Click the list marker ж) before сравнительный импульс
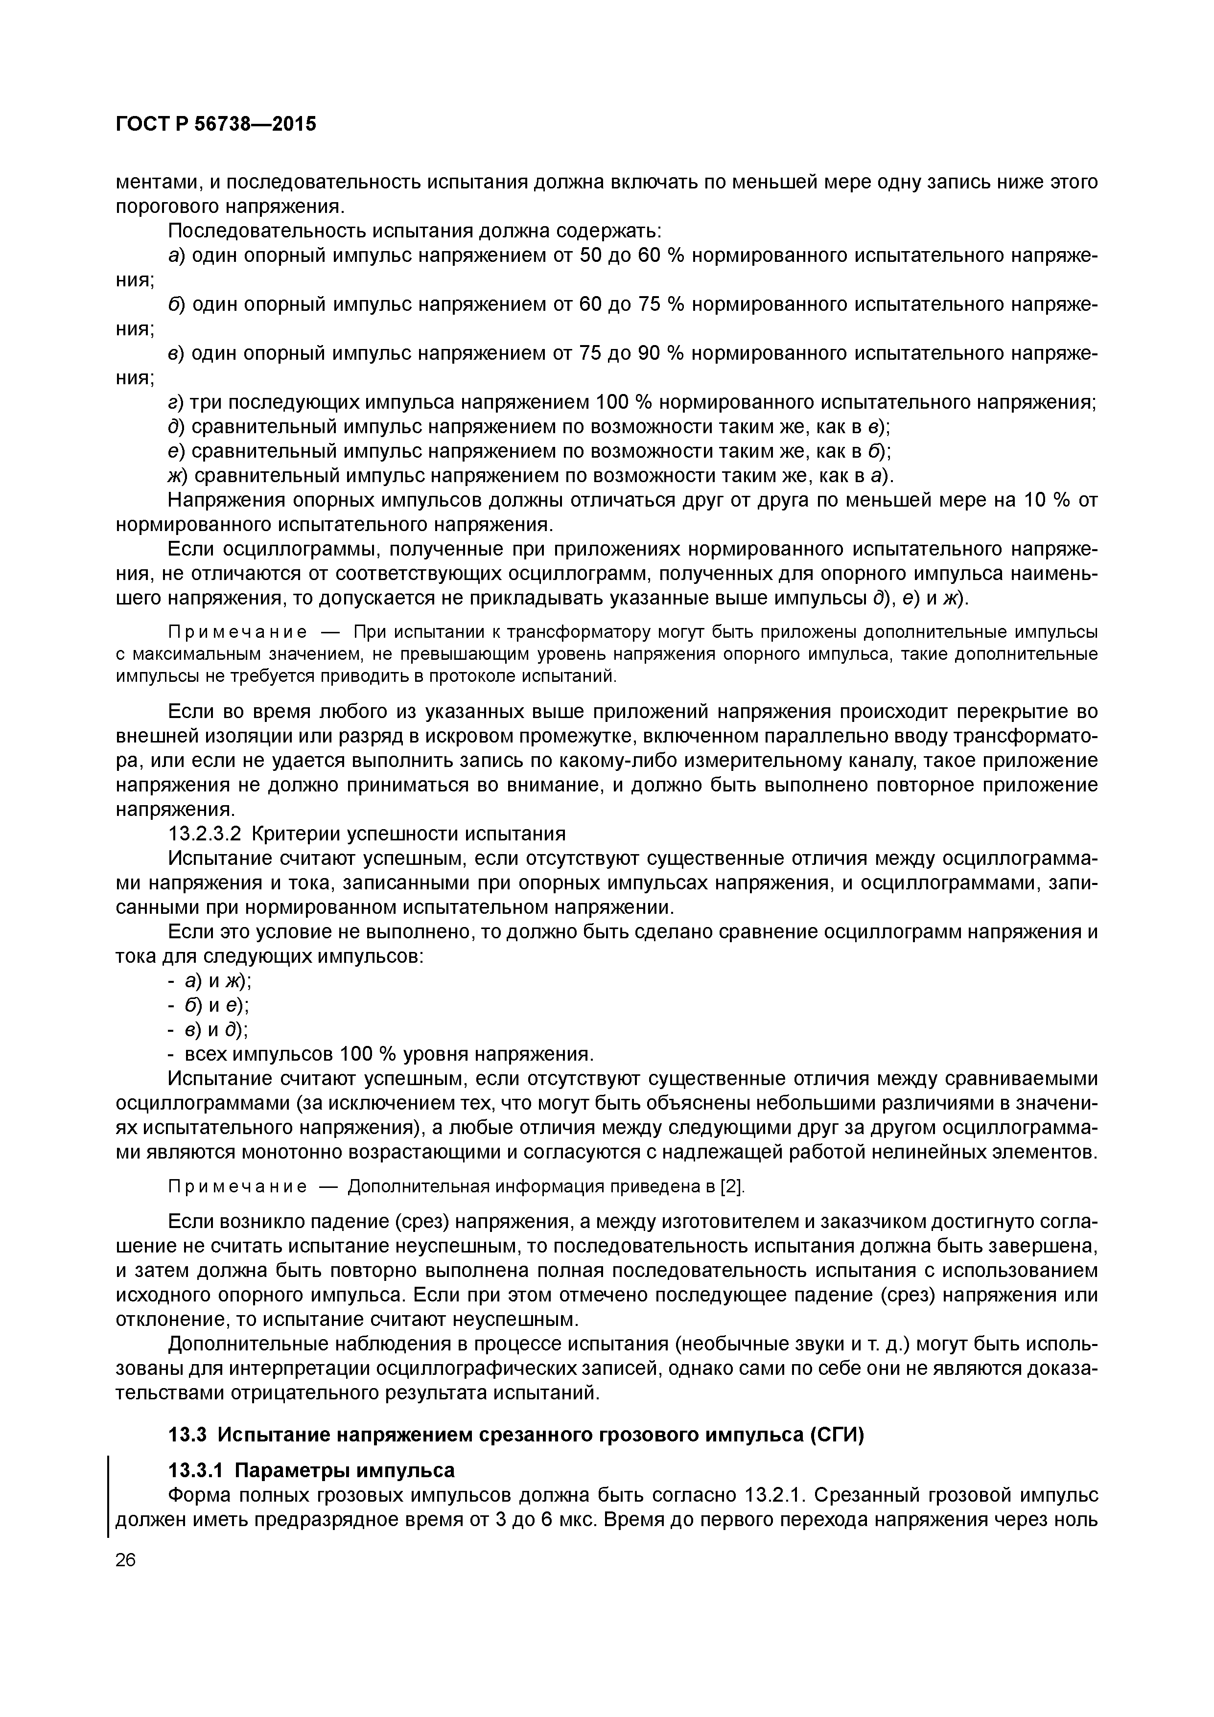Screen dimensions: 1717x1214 pyautogui.click(x=178, y=476)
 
